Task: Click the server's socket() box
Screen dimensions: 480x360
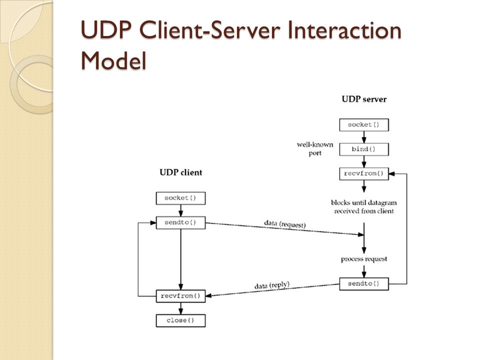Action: pos(364,125)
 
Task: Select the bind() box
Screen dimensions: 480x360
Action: pos(364,149)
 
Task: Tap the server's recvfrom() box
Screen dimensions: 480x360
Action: pos(364,173)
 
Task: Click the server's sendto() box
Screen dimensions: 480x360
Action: pos(364,284)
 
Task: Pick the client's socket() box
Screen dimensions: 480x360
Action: pos(180,198)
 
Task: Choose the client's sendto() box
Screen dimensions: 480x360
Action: pos(180,222)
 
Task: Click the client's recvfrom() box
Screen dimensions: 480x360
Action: pos(180,296)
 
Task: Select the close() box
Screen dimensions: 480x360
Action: pos(180,320)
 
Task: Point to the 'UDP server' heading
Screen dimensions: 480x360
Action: pos(364,99)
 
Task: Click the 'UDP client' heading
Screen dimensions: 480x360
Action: pos(181,172)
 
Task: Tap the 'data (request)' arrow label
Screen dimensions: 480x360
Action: pos(284,224)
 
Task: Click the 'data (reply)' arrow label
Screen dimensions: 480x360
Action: pos(272,285)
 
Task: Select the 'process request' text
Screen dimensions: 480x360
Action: pos(364,259)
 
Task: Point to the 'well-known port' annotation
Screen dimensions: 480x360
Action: pos(315,149)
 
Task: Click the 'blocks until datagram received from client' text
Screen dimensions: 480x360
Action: pos(364,206)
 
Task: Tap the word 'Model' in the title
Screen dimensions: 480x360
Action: pos(113,60)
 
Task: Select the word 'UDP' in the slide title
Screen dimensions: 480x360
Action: pos(106,30)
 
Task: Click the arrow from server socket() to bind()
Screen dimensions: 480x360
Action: pos(364,137)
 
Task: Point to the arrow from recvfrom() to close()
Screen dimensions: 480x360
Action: pos(180,308)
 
